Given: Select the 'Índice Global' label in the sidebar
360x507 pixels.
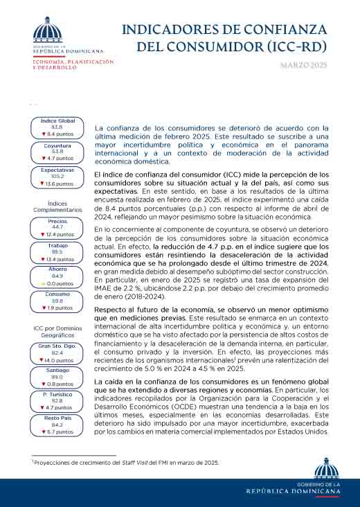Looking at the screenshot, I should (x=58, y=121).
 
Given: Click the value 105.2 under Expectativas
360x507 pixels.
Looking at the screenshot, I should (x=57, y=176).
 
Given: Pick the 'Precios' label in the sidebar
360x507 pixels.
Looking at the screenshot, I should (x=57, y=221).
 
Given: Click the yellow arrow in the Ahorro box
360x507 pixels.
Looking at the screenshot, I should (x=43, y=283).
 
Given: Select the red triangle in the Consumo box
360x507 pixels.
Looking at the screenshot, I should (x=43, y=308).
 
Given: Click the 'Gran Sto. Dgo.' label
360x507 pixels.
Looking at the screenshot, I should (x=57, y=345).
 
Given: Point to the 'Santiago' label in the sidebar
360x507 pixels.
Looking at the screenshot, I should (x=57, y=370).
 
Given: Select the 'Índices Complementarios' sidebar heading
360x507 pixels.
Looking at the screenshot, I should (x=57, y=206).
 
